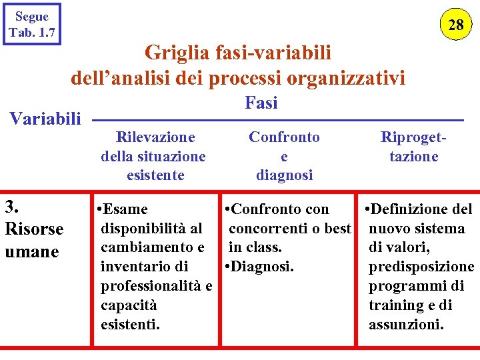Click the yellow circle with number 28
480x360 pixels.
(456, 25)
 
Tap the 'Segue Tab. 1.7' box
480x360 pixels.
(32, 25)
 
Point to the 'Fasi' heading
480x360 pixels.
(261, 103)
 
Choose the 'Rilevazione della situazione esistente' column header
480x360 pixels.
(153, 156)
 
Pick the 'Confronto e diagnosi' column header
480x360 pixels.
(284, 156)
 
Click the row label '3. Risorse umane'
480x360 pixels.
(34, 228)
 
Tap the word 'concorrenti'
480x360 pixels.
(273, 229)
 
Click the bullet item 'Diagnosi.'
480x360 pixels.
(263, 267)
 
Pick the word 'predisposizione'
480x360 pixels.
(421, 267)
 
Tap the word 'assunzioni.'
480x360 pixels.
(407, 325)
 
